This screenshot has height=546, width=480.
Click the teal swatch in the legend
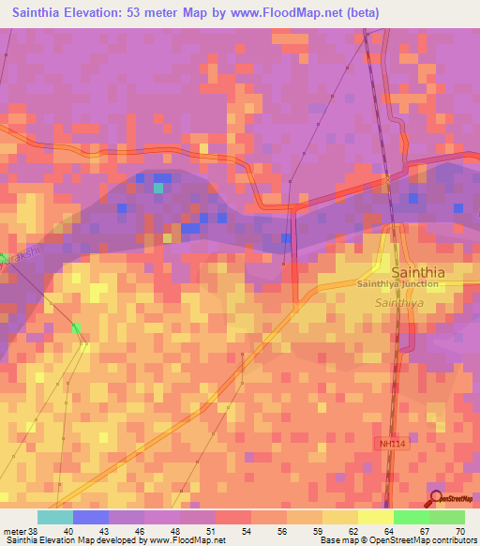point(54,517)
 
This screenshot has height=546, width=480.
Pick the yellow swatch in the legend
point(374,517)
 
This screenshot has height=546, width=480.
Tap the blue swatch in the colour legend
point(90,517)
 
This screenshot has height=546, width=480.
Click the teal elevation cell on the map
point(158,188)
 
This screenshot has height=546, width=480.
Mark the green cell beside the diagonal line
point(76,327)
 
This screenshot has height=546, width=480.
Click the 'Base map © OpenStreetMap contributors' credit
point(396,540)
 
